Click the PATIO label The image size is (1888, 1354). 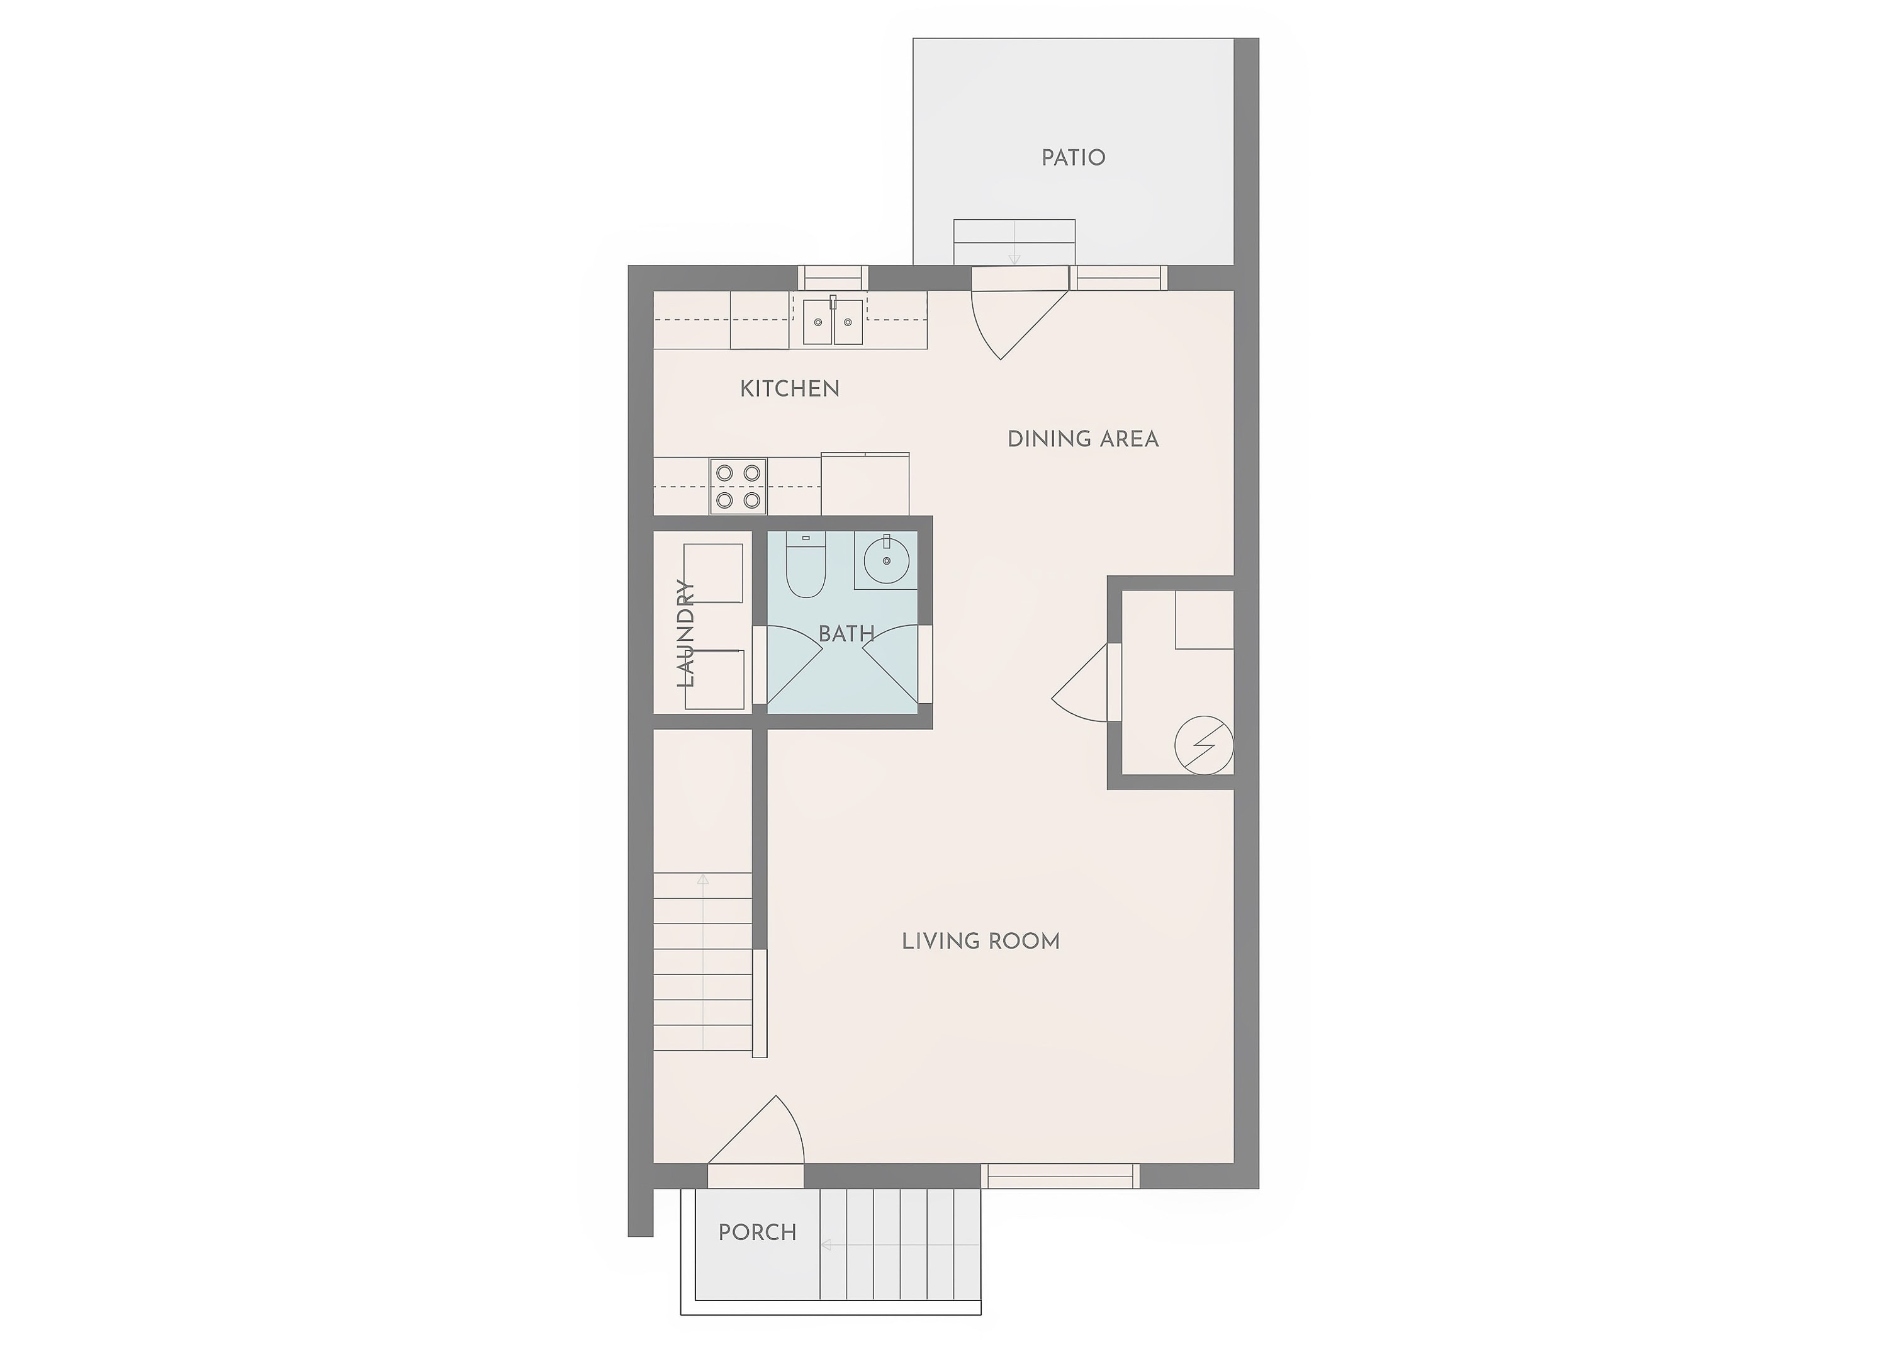(x=1073, y=157)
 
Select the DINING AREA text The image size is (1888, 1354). (x=1082, y=439)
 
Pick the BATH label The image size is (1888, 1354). (x=846, y=634)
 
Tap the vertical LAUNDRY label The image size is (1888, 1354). (x=686, y=633)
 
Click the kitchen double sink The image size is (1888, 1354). (x=833, y=320)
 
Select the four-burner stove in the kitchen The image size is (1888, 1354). (x=738, y=485)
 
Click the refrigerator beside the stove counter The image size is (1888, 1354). (x=865, y=484)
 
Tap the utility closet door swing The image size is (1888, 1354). (x=1081, y=683)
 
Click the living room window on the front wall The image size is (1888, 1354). (x=1060, y=1176)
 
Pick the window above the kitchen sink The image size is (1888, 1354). (x=833, y=278)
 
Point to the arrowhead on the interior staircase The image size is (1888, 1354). (x=702, y=879)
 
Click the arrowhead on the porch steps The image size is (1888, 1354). (x=826, y=1245)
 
